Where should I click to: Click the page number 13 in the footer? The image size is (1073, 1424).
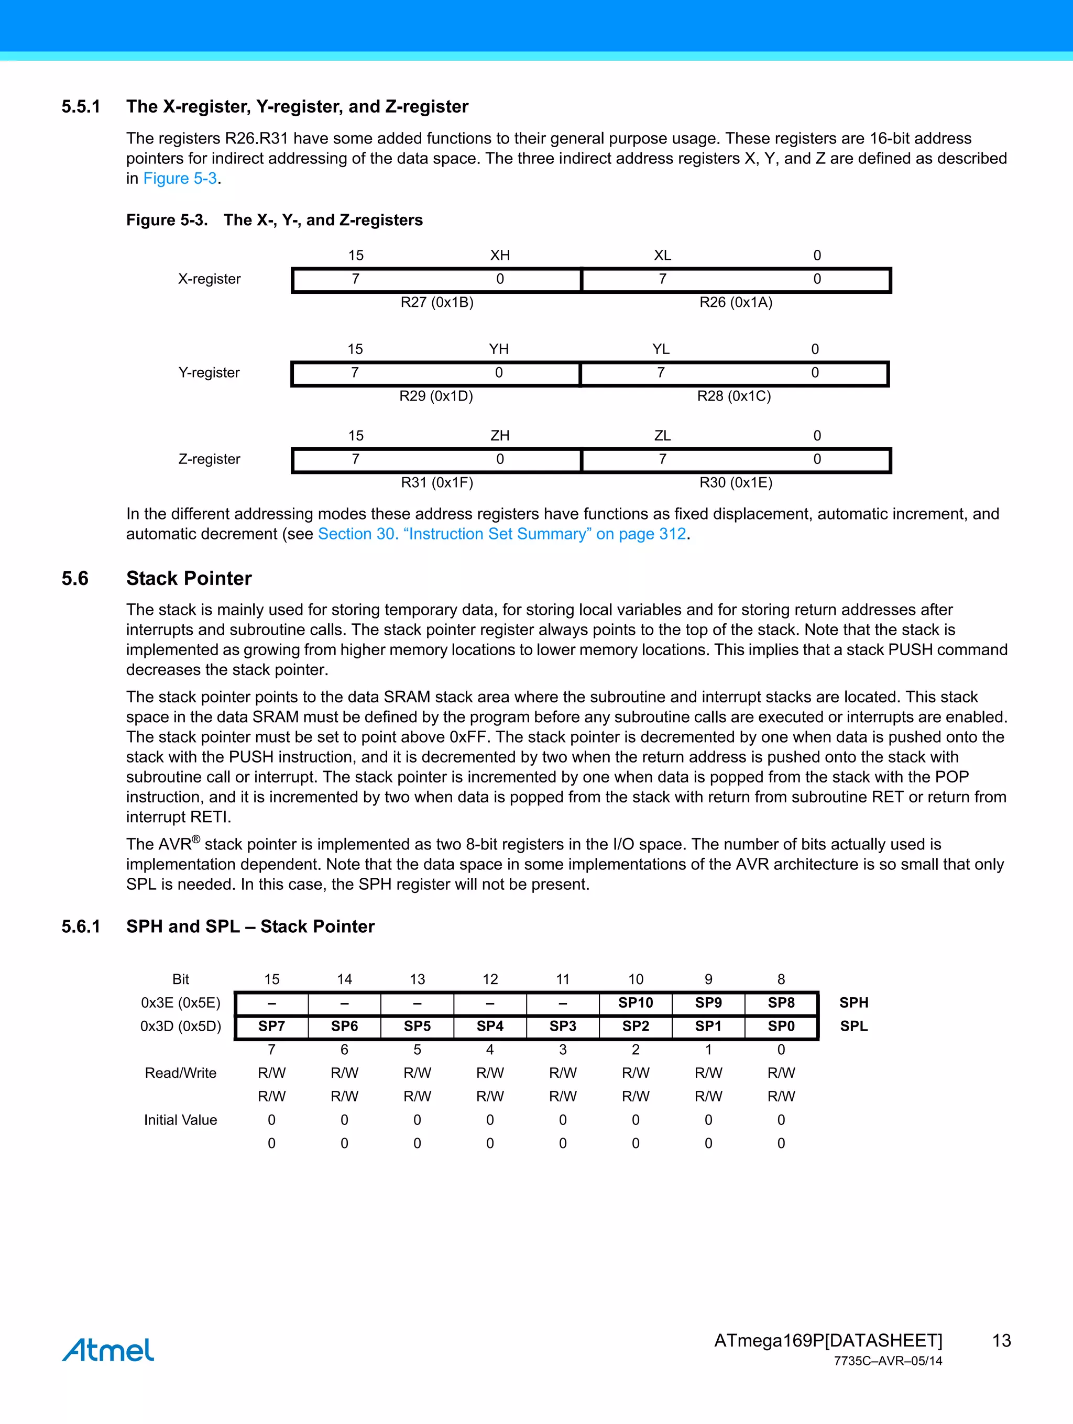[x=1001, y=1340]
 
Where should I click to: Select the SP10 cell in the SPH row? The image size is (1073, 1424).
[x=635, y=1002]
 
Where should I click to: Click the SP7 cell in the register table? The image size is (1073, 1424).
[x=271, y=1025]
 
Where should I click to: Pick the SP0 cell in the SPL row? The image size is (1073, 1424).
[x=781, y=1025]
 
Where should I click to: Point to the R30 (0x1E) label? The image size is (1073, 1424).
[x=736, y=482]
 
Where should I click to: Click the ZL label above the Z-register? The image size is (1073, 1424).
[x=662, y=436]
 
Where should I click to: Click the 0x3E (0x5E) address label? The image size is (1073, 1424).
[x=180, y=1002]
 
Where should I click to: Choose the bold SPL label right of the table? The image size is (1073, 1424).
[x=853, y=1025]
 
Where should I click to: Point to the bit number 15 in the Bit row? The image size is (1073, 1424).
[x=271, y=979]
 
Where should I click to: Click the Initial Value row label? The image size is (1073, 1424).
[x=180, y=1120]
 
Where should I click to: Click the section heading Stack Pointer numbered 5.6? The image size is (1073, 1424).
[x=189, y=578]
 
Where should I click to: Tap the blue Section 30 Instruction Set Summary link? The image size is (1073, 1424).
[x=502, y=534]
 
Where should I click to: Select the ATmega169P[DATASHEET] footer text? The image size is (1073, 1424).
[x=828, y=1340]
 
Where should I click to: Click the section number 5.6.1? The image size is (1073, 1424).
[x=81, y=926]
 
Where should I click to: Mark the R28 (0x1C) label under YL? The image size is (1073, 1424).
[x=733, y=395]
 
